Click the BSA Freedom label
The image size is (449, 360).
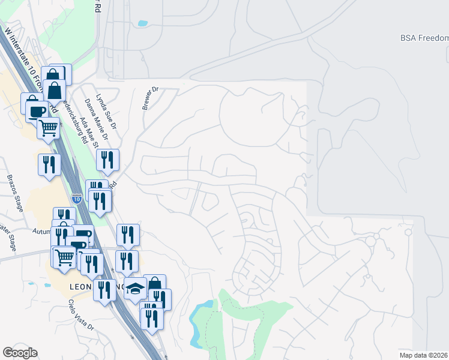(424, 38)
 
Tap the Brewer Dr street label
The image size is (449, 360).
(149, 98)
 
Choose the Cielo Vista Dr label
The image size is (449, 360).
(81, 316)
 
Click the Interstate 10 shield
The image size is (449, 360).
(76, 197)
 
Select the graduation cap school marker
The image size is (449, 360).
(135, 289)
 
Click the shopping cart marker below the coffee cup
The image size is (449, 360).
(48, 127)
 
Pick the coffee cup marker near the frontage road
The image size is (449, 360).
(36, 111)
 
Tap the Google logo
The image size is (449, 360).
(20, 353)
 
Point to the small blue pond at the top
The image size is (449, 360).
(142, 24)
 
